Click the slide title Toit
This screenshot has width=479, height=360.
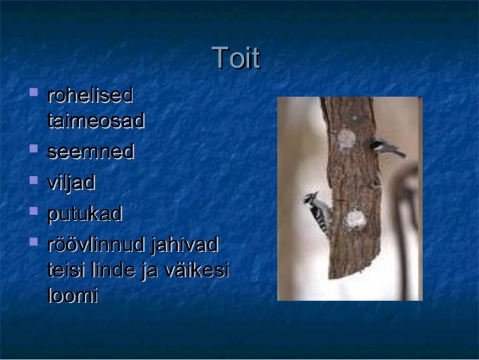coord(236,58)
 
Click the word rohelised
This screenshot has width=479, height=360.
coord(90,95)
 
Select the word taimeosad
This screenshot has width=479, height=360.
coord(96,120)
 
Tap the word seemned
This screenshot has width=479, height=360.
coord(91,151)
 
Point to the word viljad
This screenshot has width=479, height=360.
coord(71,183)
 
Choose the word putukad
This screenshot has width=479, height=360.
coord(86,214)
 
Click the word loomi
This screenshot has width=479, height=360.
coord(73,295)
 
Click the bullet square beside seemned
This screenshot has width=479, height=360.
coord(34,148)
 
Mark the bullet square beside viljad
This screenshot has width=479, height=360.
coord(34,180)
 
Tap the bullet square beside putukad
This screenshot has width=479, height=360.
coord(34,210)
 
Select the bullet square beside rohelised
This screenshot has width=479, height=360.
coord(34,92)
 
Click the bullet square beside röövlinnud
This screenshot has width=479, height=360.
coord(34,242)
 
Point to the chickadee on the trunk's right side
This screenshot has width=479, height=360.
coord(387,148)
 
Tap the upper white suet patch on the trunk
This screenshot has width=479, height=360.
coord(346,138)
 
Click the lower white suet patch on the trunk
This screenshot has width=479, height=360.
coord(355,219)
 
